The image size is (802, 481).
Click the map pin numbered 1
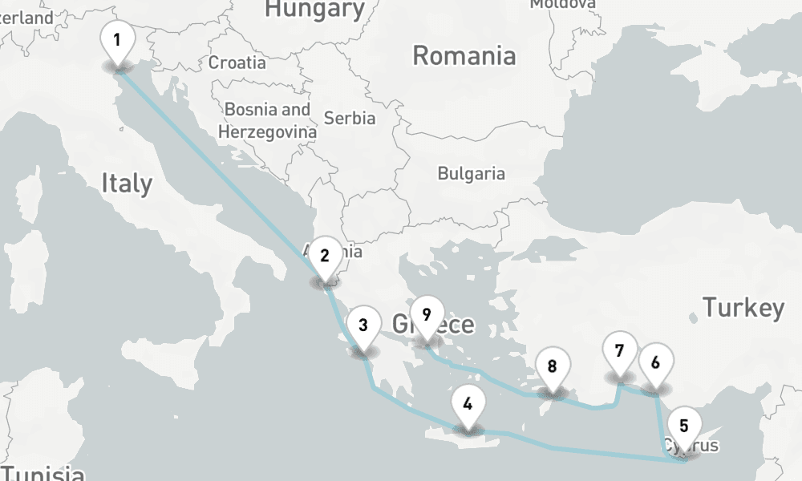click(x=117, y=40)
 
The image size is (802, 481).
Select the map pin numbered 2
click(x=325, y=257)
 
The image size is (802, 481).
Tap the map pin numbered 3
click(x=363, y=326)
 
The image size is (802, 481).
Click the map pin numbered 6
click(x=655, y=363)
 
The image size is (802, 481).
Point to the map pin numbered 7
click(x=618, y=351)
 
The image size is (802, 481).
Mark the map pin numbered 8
click(x=552, y=368)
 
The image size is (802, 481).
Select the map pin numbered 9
click(x=426, y=315)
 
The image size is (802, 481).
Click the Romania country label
click(x=464, y=56)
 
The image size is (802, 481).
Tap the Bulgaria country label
click(x=471, y=173)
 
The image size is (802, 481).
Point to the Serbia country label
click(x=349, y=118)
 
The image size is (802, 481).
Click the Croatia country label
click(x=237, y=63)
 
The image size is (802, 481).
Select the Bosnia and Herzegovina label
click(x=267, y=120)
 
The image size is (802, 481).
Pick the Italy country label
click(x=127, y=184)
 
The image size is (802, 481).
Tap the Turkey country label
click(x=743, y=308)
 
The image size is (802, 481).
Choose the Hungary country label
click(x=314, y=10)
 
